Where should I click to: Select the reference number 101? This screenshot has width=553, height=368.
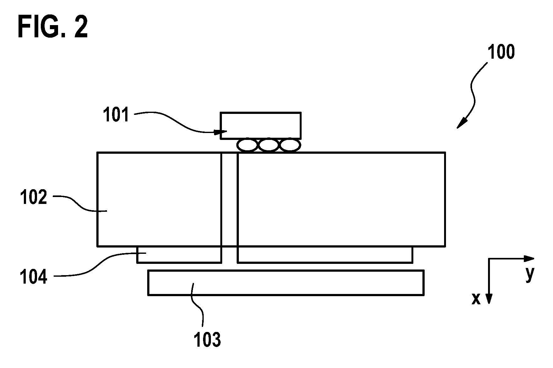click(x=116, y=115)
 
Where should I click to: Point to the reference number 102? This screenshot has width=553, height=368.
click(x=34, y=197)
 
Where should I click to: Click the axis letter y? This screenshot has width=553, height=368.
click(x=530, y=274)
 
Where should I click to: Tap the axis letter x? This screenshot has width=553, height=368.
click(x=476, y=299)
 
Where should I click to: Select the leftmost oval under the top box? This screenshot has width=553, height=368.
click(x=247, y=145)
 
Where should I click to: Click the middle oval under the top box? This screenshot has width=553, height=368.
click(x=269, y=145)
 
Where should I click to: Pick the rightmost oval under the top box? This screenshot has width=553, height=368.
click(x=290, y=145)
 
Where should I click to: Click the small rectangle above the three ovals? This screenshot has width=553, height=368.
click(x=261, y=125)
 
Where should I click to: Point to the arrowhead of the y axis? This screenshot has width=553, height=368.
click(x=530, y=259)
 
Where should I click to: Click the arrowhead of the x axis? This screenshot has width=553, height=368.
click(x=489, y=299)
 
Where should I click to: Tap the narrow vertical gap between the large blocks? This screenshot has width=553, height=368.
click(x=229, y=207)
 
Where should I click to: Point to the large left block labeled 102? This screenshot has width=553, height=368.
click(x=159, y=199)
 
